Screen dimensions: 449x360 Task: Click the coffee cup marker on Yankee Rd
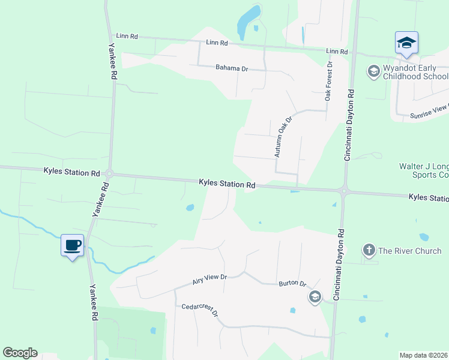[73, 245]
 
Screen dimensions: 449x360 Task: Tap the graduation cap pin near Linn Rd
[406, 43]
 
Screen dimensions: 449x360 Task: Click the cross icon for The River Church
[369, 250]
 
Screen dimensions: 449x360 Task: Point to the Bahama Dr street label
[232, 68]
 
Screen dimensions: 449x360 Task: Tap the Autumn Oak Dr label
[283, 137]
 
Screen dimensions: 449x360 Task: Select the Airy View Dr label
[209, 278]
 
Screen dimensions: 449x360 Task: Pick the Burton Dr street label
[292, 283]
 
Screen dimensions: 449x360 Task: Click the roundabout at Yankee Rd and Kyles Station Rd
[109, 174]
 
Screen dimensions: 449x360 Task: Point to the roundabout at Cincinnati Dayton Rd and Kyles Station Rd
[344, 192]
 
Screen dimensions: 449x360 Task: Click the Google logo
[20, 353]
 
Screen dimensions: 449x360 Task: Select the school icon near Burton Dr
[315, 297]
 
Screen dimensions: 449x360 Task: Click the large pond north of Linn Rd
[249, 21]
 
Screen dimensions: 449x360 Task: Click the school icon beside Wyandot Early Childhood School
[373, 72]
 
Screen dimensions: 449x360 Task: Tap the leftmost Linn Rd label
[127, 37]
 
